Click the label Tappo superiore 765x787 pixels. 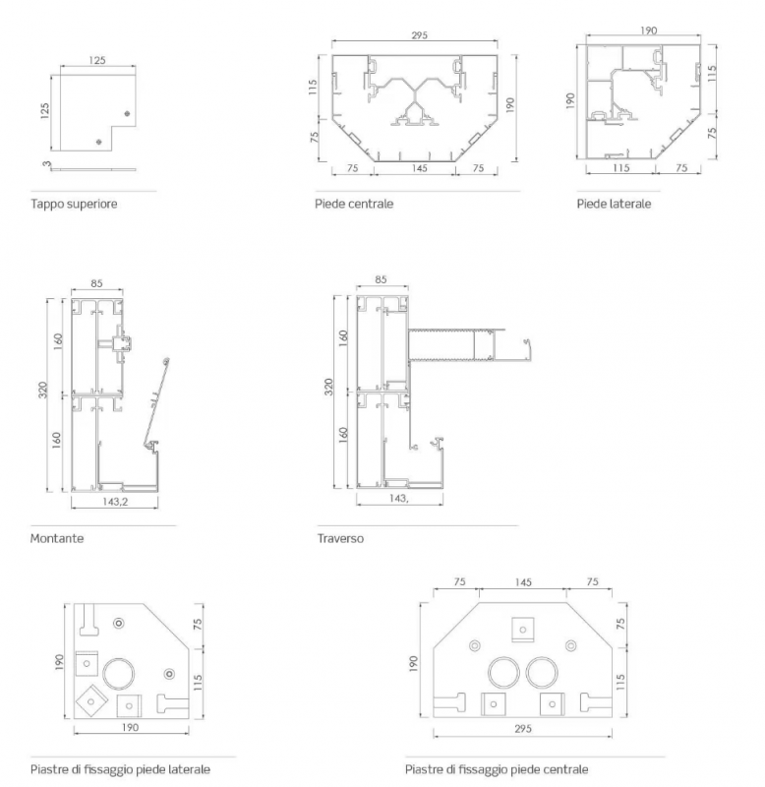[74, 204]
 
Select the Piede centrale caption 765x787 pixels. [354, 204]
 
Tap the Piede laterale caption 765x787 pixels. [614, 204]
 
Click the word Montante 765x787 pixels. [57, 538]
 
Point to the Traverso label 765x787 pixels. [340, 538]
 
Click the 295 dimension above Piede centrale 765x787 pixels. [419, 35]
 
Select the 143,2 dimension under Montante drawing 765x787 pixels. [115, 502]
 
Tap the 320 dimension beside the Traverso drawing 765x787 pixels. [328, 387]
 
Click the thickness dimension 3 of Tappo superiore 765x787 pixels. [46, 163]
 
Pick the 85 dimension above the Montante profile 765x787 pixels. [96, 283]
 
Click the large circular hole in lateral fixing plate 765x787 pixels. [118, 674]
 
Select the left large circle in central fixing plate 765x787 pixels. [503, 672]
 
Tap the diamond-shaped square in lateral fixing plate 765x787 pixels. [90, 701]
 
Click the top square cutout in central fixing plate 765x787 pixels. [523, 630]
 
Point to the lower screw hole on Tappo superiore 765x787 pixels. [99, 142]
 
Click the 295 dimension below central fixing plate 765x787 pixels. [523, 729]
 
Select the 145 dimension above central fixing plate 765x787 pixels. [523, 582]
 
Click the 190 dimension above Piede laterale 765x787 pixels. [649, 30]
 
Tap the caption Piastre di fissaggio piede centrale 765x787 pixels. [497, 769]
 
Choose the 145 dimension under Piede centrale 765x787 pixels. [419, 168]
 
